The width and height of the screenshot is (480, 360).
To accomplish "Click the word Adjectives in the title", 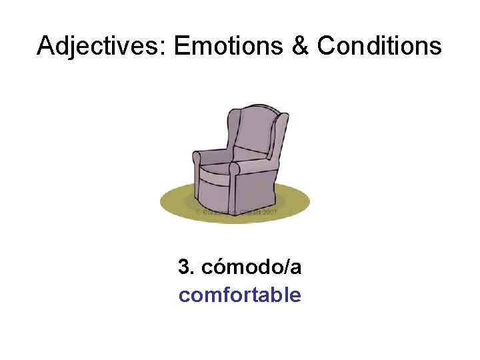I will [x=103, y=46].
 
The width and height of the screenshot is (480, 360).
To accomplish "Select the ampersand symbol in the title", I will [x=301, y=46].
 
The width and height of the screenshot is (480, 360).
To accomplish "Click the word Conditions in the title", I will [x=379, y=46].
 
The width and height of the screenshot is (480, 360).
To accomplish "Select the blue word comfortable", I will [x=240, y=295].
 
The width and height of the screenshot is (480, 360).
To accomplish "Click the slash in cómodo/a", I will [x=287, y=267].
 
